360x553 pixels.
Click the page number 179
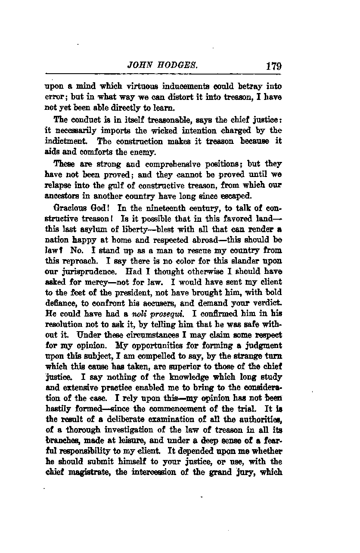273,66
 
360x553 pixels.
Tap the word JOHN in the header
139,66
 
